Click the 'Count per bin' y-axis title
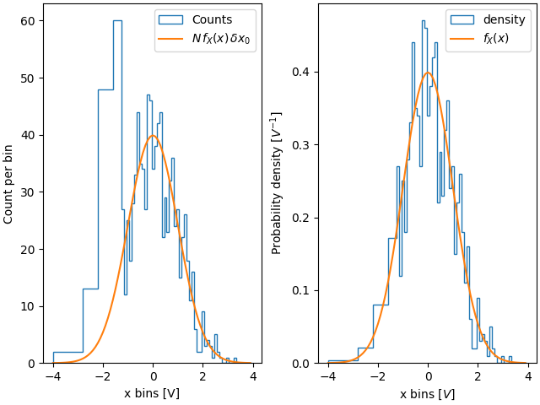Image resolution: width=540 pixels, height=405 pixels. (x=9, y=183)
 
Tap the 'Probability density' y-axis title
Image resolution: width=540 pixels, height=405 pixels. (x=277, y=183)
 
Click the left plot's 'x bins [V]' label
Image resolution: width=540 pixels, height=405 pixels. (x=152, y=393)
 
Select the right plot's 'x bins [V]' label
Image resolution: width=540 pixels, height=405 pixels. (x=428, y=393)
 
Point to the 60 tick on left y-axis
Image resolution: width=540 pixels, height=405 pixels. (x=28, y=21)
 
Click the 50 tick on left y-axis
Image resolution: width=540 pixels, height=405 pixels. (x=28, y=78)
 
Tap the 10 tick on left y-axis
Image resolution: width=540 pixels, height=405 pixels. (x=28, y=306)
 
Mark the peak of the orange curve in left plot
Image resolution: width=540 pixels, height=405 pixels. (x=153, y=135)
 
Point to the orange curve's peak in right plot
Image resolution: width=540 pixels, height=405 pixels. (x=428, y=73)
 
